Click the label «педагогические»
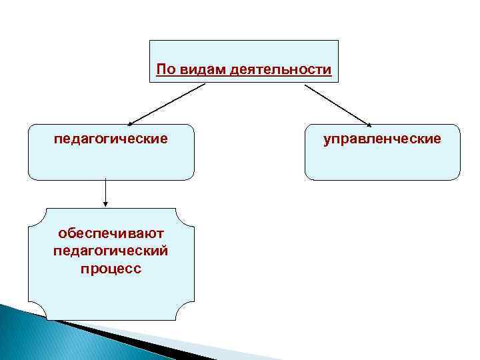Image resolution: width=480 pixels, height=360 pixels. [111, 139]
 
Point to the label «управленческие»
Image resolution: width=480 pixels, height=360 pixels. [382, 139]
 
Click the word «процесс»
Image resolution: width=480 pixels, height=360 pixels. [111, 269]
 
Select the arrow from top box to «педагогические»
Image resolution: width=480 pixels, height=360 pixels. [167, 103]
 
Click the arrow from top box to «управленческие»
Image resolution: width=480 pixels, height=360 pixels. [337, 103]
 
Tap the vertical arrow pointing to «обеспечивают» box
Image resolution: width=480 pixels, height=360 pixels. [105, 193]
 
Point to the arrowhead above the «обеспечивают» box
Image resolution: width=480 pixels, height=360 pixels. [105, 205]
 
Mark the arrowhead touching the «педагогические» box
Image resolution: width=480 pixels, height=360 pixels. [131, 123]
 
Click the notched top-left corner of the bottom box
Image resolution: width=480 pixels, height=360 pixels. [33, 213]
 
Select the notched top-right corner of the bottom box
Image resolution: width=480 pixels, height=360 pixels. [189, 213]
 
